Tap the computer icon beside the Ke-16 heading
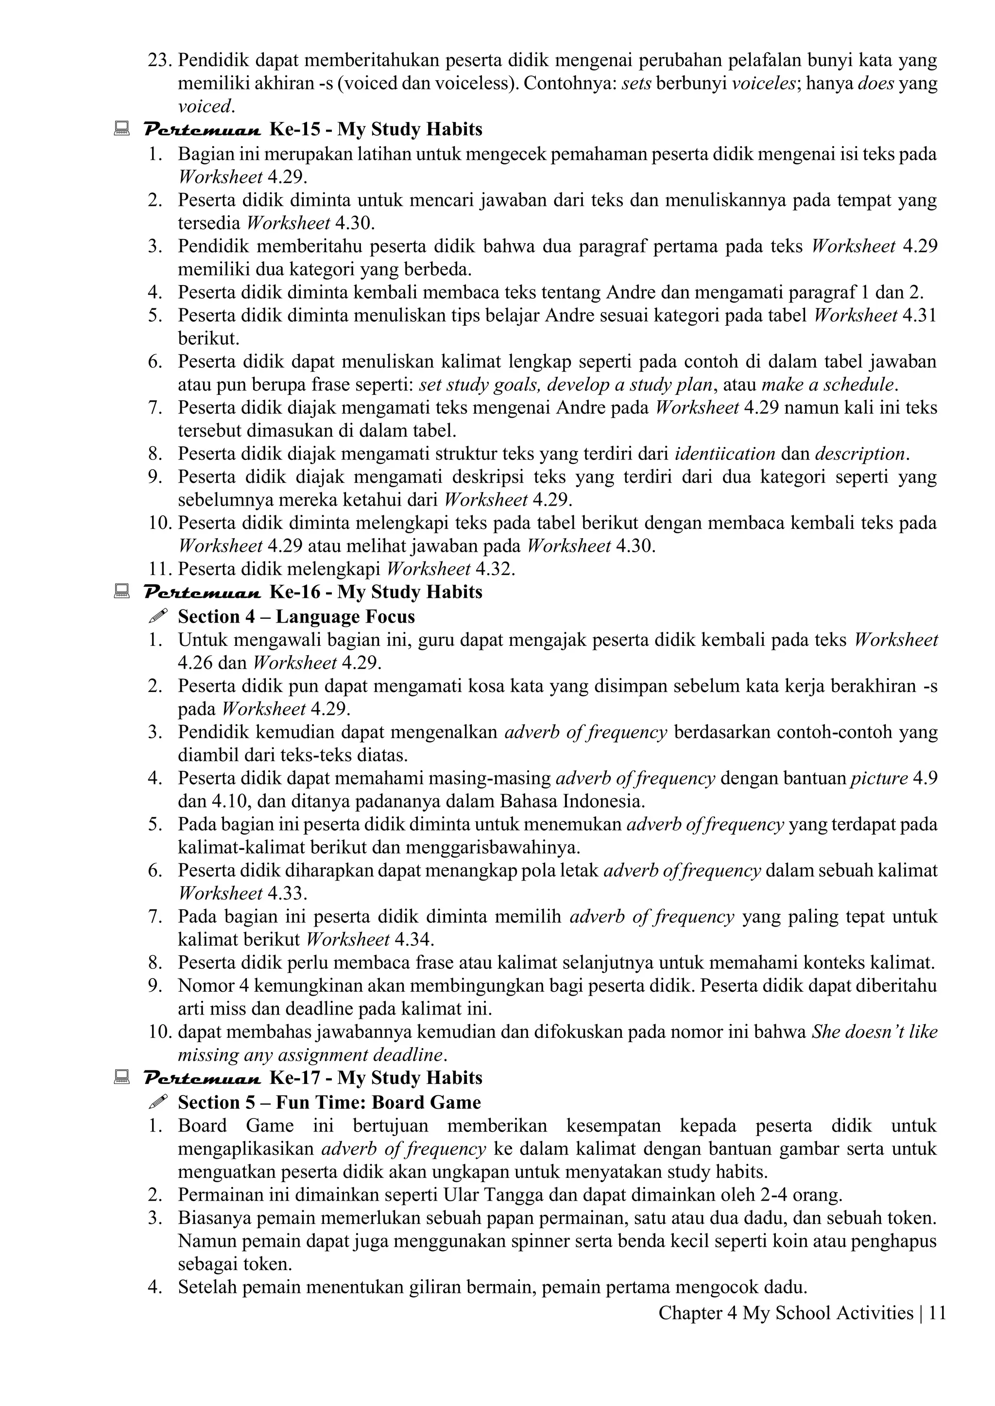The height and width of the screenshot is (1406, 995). [x=121, y=591]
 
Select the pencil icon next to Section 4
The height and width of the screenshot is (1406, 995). [x=158, y=616]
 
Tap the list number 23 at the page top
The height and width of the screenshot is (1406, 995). [x=159, y=61]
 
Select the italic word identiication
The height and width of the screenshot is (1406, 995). [x=725, y=454]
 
